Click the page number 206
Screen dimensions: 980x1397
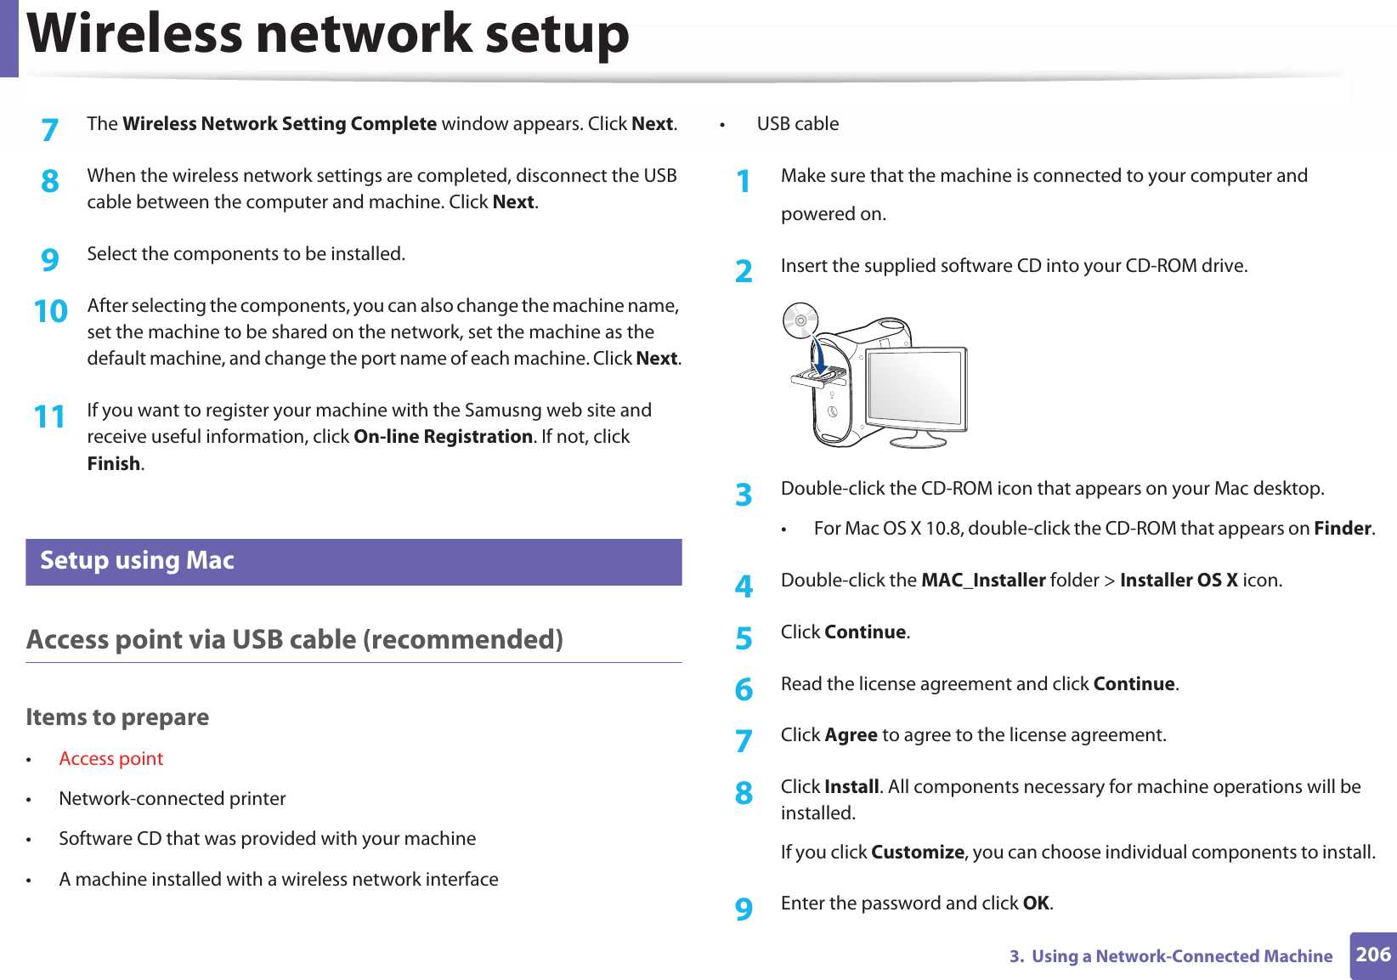click(1372, 955)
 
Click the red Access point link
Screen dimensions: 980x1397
click(110, 759)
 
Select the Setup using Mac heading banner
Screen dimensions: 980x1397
click(353, 562)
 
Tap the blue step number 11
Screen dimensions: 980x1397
click(49, 416)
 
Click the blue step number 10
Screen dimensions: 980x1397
click(50, 311)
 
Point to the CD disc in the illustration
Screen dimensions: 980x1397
click(800, 320)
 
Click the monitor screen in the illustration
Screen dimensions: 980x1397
click(914, 388)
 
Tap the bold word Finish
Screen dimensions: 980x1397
click(114, 464)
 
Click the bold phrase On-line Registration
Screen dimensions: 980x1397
click(443, 437)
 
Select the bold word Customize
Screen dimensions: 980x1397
click(918, 853)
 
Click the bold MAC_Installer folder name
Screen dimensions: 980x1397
click(983, 581)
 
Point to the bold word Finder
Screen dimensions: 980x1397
click(1343, 529)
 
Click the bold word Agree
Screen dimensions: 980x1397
click(851, 735)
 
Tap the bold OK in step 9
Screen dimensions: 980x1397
click(1036, 904)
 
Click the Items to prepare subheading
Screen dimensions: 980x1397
click(117, 717)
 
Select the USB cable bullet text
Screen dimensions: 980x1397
click(797, 124)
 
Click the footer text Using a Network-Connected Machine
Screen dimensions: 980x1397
click(1181, 956)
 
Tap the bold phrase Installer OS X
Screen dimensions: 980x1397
click(1178, 581)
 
